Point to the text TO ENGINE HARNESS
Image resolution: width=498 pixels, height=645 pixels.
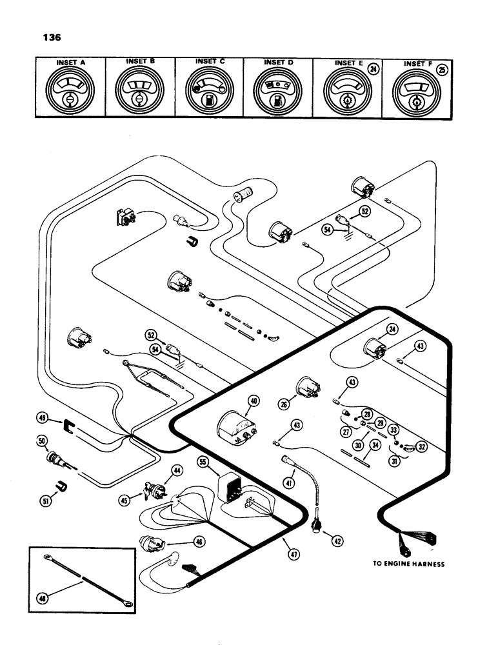[x=408, y=563]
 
